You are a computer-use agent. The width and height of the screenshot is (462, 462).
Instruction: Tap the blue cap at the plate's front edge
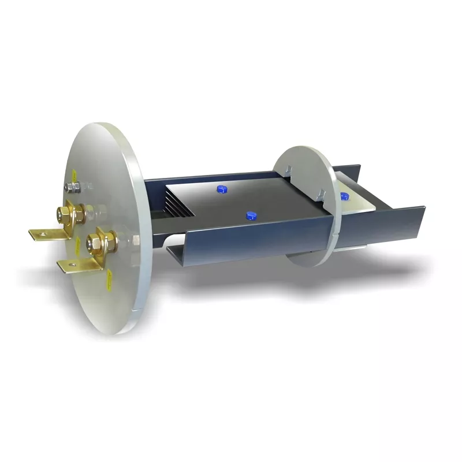tap(251, 215)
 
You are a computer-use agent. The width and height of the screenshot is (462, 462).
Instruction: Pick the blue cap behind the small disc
tap(344, 195)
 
